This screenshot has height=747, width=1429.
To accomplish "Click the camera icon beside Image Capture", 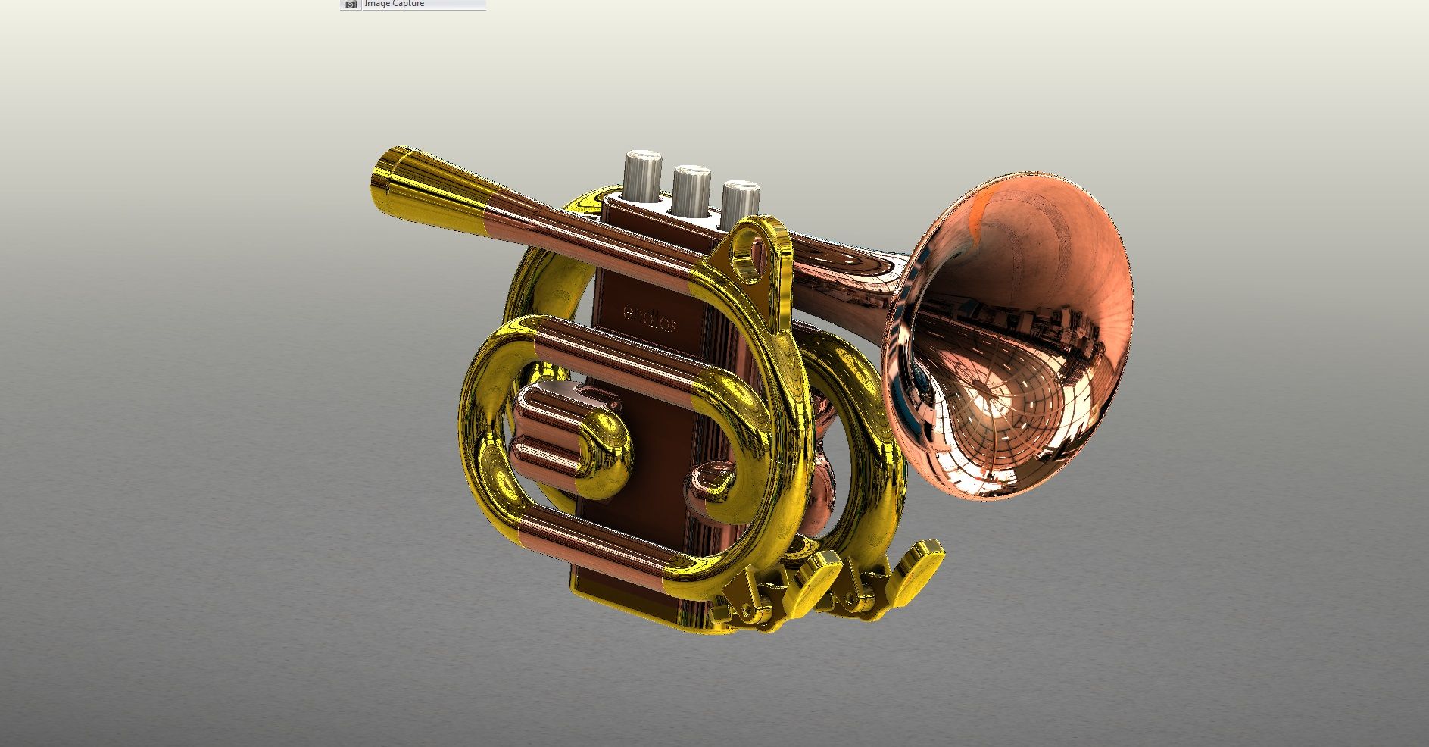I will tap(350, 5).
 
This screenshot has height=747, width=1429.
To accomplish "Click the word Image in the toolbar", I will tap(377, 4).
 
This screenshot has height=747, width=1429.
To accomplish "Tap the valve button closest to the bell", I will tap(740, 202).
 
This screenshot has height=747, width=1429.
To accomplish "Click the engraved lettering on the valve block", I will tap(650, 319).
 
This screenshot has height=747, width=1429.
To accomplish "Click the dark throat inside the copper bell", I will tap(920, 371).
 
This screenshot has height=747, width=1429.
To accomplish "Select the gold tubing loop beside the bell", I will tap(871, 455).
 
